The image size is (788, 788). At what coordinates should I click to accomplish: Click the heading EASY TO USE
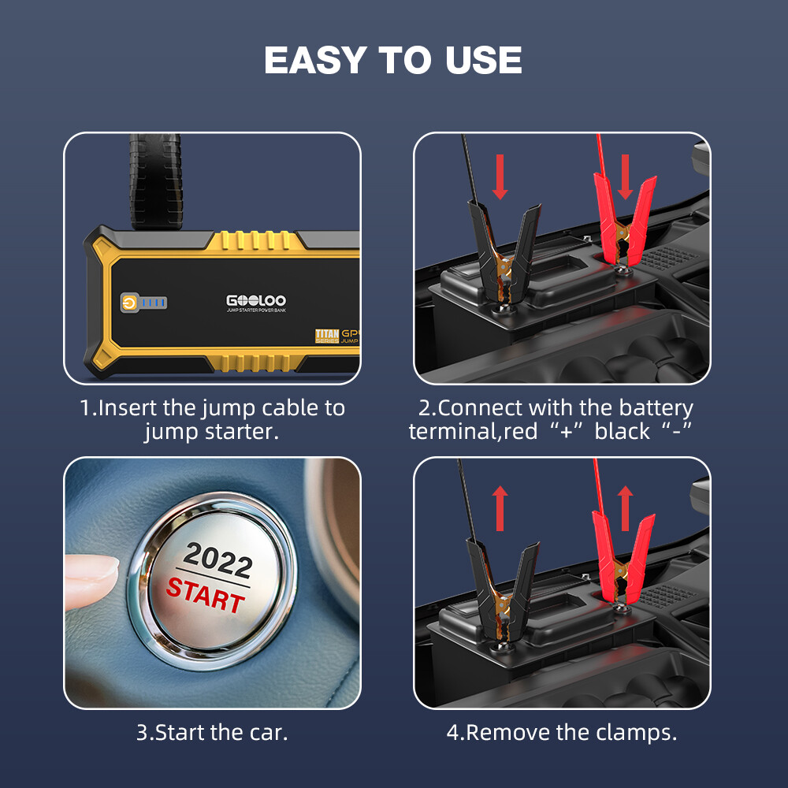pos(393,61)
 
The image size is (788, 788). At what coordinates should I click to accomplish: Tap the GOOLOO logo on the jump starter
pos(256,300)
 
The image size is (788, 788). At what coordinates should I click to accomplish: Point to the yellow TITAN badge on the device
pos(327,336)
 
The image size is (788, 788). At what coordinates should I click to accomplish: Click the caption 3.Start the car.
pos(212,732)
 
